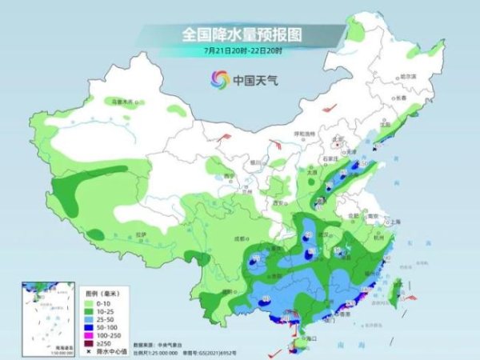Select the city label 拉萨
click(141, 234)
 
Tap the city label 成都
click(238, 238)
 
